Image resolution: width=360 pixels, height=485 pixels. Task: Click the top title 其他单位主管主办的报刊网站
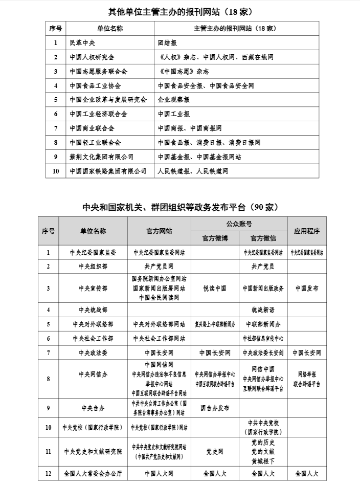[180, 11]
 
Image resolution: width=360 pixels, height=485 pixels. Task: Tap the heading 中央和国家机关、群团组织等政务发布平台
[180, 207]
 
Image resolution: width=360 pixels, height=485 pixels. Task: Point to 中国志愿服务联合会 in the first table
[98, 72]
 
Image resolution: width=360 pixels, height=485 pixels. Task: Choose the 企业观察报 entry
[174, 100]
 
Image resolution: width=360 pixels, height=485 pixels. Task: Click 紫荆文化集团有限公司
[101, 157]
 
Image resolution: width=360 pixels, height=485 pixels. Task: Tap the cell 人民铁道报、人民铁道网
[193, 171]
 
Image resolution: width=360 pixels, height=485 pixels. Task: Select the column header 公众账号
[239, 224]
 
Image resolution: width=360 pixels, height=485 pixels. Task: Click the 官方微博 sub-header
[215, 238]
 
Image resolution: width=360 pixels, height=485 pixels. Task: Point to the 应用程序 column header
[307, 231]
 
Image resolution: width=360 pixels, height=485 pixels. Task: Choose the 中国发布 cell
[307, 289]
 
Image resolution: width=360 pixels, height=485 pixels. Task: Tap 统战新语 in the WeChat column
[263, 310]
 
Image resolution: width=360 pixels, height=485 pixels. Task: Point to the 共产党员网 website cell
[159, 267]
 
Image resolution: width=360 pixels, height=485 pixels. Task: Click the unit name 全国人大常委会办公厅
[93, 474]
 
